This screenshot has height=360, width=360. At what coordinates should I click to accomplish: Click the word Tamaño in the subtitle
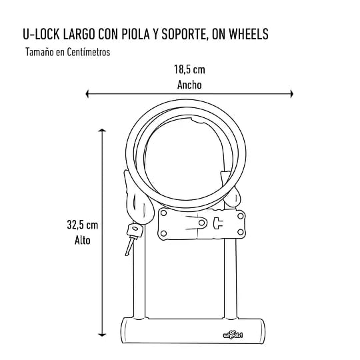click(38, 52)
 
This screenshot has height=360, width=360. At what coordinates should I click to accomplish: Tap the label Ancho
click(189, 85)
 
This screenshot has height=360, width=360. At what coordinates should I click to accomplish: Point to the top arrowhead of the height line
click(102, 131)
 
